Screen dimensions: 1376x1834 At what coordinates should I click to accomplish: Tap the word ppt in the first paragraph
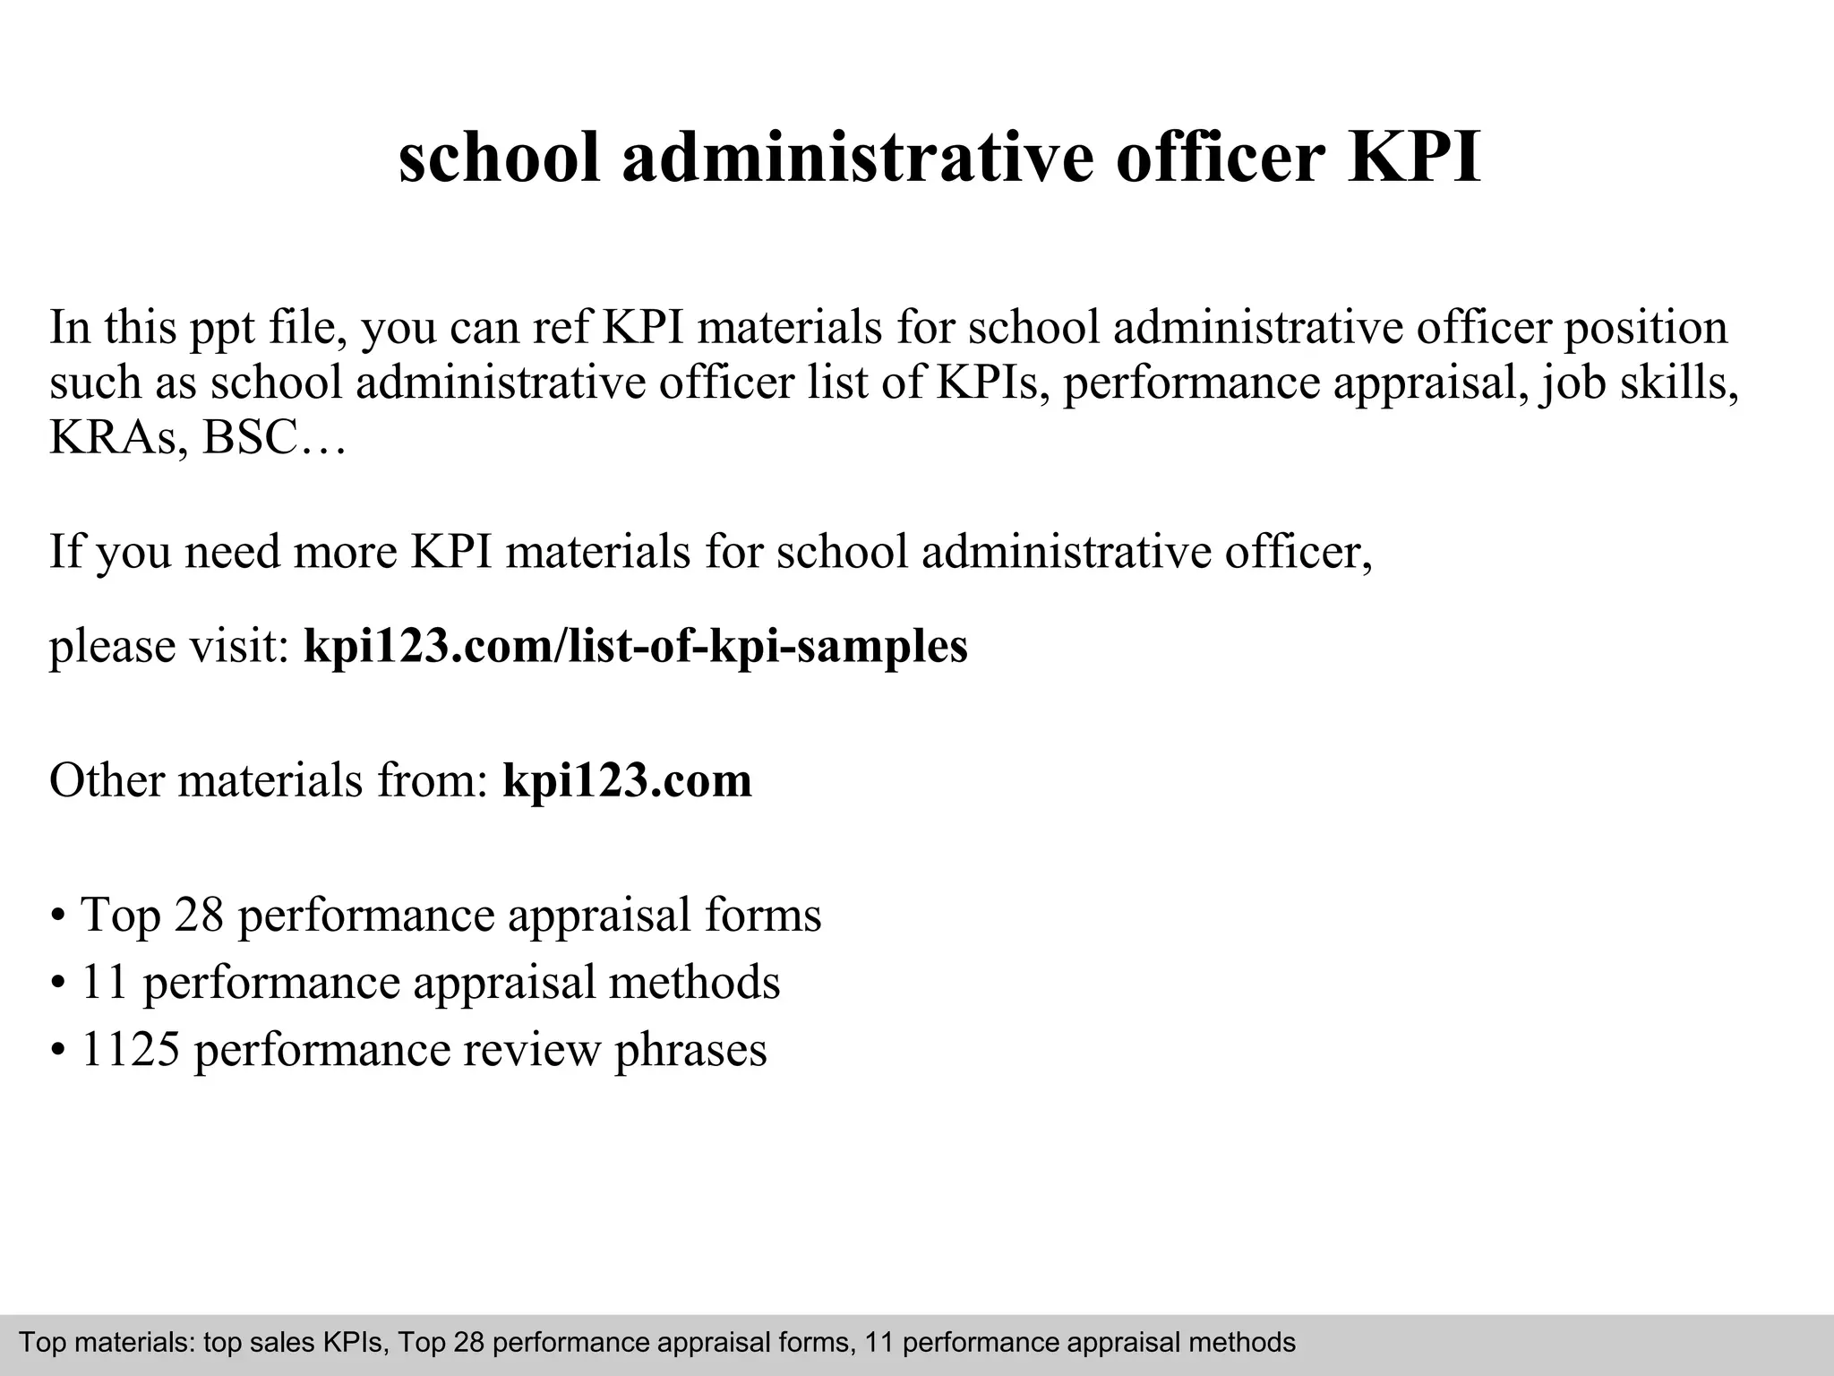tap(222, 330)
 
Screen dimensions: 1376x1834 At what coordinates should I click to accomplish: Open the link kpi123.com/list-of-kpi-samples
tap(636, 645)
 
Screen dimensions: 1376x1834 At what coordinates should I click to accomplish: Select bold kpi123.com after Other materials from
tap(627, 780)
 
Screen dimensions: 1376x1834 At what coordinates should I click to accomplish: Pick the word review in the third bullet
tap(530, 1051)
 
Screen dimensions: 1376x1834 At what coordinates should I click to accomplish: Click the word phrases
tap(690, 1051)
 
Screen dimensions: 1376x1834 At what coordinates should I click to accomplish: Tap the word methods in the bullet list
tap(694, 982)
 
